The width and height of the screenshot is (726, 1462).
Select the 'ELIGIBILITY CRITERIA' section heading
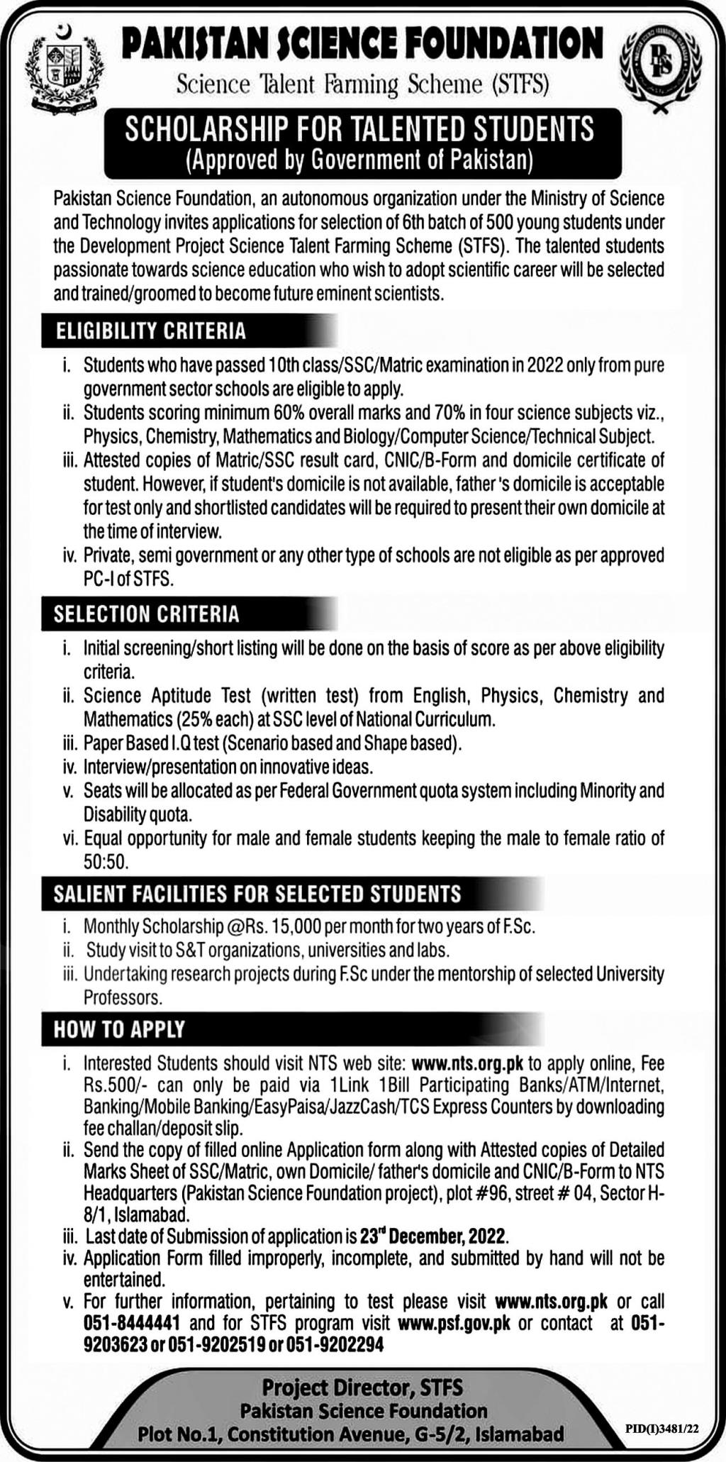pos(150,330)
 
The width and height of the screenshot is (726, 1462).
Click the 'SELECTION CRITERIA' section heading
pos(146,614)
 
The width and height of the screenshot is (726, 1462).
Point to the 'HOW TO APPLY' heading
pos(119,1029)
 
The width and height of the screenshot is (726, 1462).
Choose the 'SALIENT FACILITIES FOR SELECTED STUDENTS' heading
pos(257,893)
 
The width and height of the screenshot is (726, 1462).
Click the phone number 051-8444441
pos(131,1323)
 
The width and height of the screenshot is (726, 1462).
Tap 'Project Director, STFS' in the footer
pos(362,1385)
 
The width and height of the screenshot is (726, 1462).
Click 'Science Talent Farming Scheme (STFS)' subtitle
pos(362,85)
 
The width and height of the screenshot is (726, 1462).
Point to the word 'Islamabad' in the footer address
pos(520,1431)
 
